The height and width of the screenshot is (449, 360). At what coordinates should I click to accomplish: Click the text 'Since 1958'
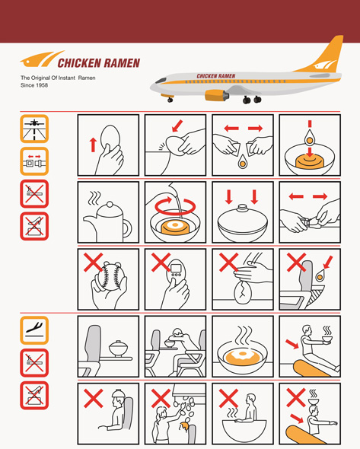34,85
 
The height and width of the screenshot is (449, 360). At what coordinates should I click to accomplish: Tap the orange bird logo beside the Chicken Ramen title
42,59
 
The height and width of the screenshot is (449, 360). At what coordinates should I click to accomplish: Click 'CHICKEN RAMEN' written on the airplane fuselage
216,76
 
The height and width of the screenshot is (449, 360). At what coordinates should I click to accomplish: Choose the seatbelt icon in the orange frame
34,161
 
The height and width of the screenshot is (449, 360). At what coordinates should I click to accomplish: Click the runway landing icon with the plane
34,129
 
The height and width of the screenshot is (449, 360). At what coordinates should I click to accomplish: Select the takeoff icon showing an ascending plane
34,330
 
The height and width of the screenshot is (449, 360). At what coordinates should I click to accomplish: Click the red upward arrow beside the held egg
93,145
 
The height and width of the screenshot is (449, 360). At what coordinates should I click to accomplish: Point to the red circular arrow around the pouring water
175,205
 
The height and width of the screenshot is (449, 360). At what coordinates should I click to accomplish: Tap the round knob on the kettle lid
110,205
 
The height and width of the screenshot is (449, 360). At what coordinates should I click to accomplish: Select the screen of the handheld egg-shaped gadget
176,269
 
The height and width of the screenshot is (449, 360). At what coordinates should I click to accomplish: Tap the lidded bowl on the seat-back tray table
118,349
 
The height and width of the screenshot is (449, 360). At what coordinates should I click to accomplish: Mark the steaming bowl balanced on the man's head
314,401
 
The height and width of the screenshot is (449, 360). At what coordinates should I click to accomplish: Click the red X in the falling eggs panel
161,398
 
